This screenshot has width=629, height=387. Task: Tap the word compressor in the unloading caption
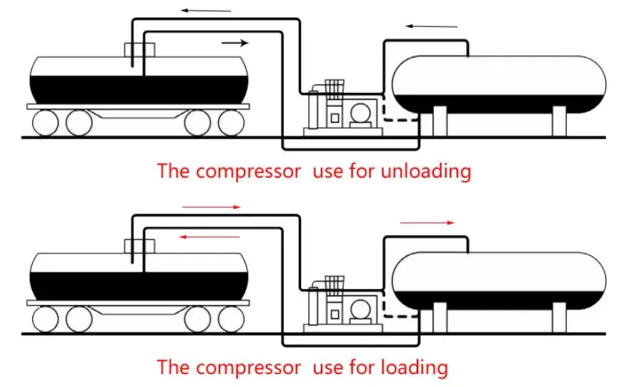[x=245, y=172]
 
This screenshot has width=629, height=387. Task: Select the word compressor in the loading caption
[x=245, y=368]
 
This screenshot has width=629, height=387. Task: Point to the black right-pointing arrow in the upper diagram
[x=235, y=43]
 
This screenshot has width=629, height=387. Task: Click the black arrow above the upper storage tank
[x=432, y=26]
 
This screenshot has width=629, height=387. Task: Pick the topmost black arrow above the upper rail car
[x=205, y=11]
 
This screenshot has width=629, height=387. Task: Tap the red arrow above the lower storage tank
[x=427, y=223]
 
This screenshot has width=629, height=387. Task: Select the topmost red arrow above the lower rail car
[x=212, y=207]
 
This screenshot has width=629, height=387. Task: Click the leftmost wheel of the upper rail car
[x=44, y=123]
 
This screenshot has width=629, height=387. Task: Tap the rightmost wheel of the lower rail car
[x=230, y=318]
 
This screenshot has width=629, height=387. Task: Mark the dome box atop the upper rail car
[x=139, y=51]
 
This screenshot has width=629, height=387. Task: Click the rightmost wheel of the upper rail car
[x=230, y=123]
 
